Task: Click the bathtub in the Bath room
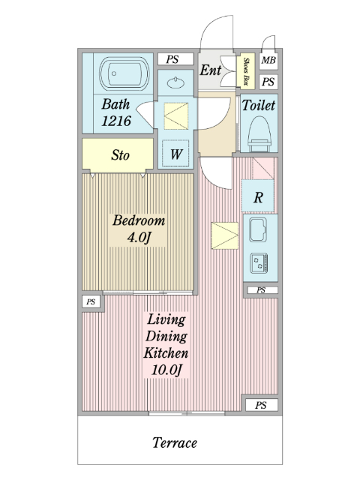(124, 73)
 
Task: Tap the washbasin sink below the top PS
(175, 82)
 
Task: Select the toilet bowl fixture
(259, 133)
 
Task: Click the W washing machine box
(175, 154)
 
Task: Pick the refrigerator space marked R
(258, 196)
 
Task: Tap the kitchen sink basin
(258, 229)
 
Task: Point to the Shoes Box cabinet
(245, 71)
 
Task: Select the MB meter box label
(268, 60)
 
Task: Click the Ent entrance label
(210, 70)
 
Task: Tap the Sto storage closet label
(120, 155)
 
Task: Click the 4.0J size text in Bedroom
(139, 237)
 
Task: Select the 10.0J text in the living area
(166, 370)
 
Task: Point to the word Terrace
(175, 442)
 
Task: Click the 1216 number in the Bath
(116, 121)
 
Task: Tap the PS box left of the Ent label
(175, 59)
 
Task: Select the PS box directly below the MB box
(268, 82)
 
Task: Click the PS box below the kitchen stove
(261, 290)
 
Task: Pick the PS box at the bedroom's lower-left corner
(91, 301)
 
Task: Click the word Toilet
(259, 105)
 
